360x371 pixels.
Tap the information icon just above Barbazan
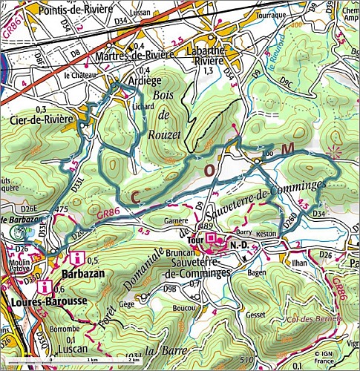76,259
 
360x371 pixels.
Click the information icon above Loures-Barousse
47,286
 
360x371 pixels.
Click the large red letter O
210,171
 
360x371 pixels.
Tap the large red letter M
287,148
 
